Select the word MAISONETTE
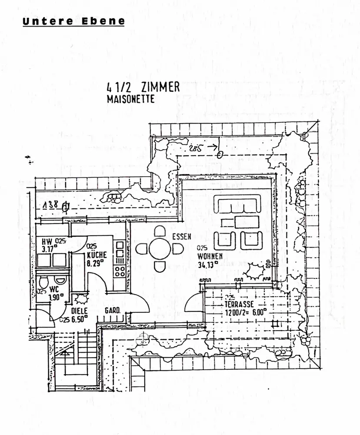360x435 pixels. pyautogui.click(x=131, y=99)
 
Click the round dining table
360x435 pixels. pyautogui.click(x=159, y=249)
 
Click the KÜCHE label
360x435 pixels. pyautogui.click(x=97, y=255)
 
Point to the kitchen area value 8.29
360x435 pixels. pyautogui.click(x=95, y=262)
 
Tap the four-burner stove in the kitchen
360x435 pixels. pyautogui.click(x=120, y=271)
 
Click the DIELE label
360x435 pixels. pyautogui.click(x=79, y=311)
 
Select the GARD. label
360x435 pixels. pyautogui.click(x=112, y=311)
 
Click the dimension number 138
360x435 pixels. pyautogui.click(x=51, y=207)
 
